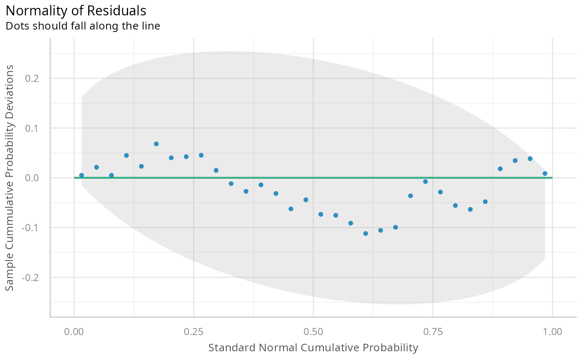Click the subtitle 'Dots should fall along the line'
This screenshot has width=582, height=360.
tap(83, 26)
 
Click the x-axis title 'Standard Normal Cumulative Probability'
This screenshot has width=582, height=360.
tap(313, 348)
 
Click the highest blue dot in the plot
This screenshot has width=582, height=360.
tap(156, 144)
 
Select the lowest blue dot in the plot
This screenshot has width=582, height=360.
tap(366, 234)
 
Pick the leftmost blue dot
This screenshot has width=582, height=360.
tap(81, 175)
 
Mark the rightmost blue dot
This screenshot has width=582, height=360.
tap(545, 173)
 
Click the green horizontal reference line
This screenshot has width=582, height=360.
tap(249, 178)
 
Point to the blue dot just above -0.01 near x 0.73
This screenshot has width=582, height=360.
tap(425, 182)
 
